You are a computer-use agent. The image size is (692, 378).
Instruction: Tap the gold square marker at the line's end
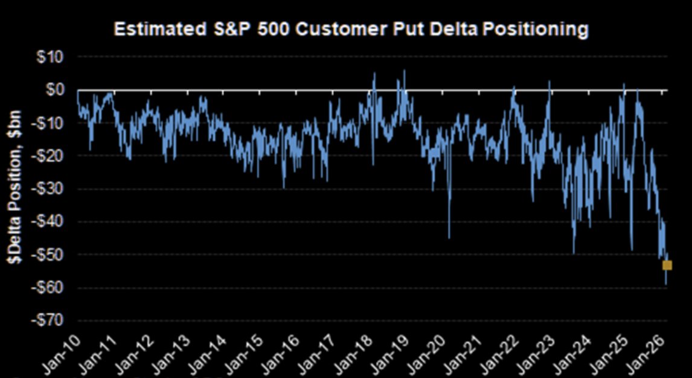point(667,265)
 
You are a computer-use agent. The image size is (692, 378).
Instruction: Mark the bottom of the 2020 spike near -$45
point(449,238)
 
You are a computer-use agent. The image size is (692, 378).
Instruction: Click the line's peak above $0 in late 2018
point(405,71)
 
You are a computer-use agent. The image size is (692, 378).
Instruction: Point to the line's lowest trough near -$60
point(666,284)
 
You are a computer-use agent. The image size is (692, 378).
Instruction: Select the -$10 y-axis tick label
point(56,123)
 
